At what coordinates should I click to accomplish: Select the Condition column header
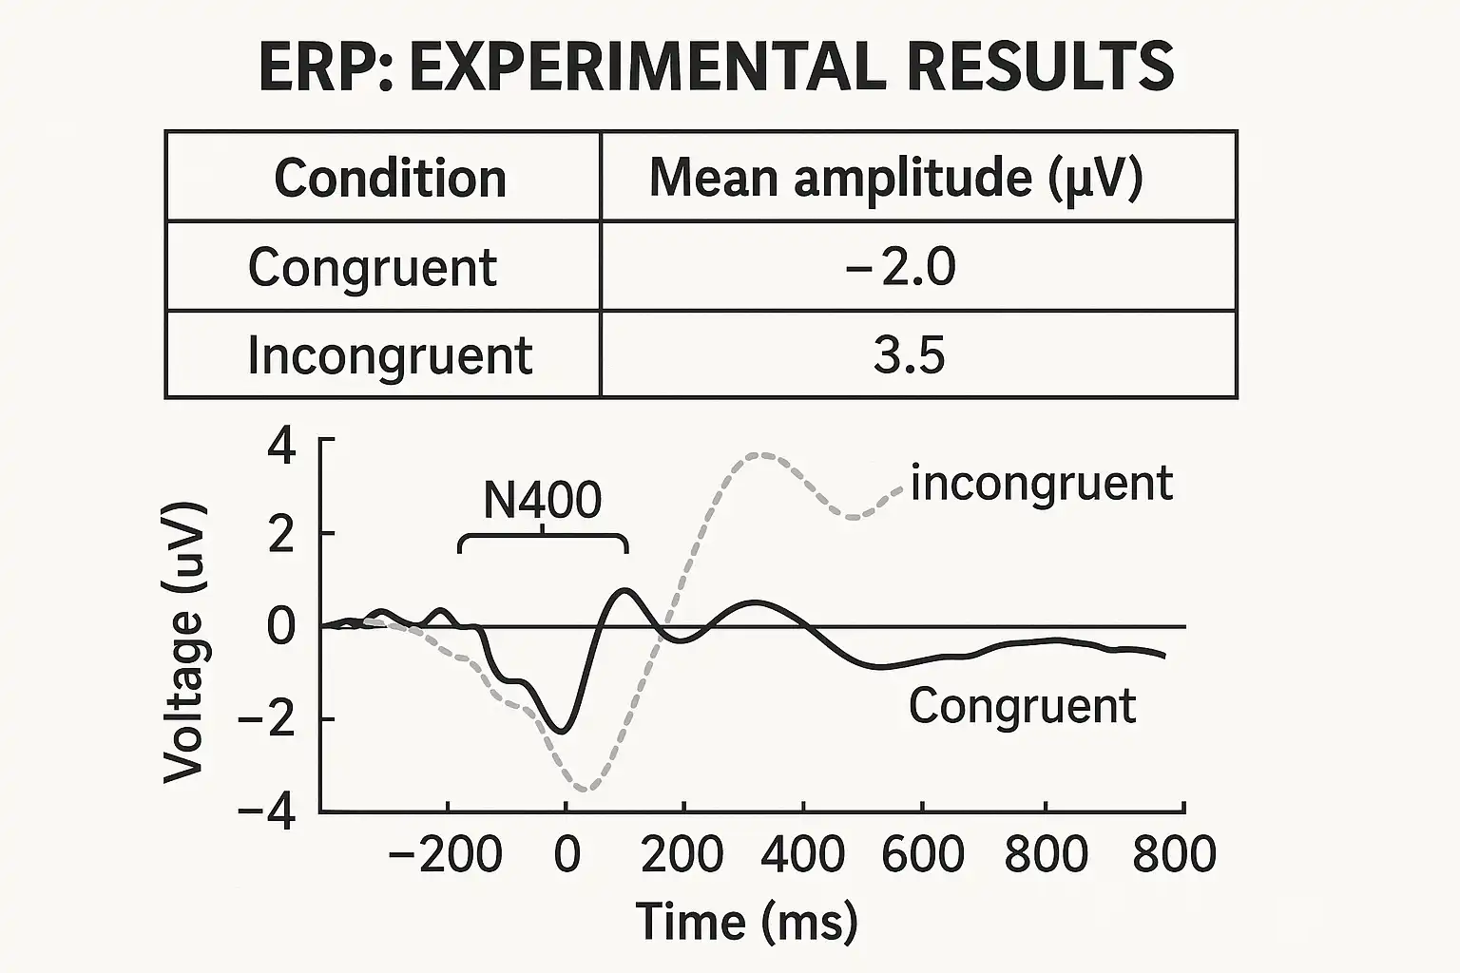(390, 178)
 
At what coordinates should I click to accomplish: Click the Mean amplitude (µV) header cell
(895, 178)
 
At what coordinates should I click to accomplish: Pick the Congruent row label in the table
(372, 267)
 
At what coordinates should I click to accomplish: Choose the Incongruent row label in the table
(390, 355)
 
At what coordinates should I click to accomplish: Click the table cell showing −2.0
(899, 267)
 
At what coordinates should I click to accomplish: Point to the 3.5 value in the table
(909, 355)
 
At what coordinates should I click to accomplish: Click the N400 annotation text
(542, 500)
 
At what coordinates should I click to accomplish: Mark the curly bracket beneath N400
(543, 539)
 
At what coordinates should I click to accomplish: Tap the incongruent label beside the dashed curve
(1042, 483)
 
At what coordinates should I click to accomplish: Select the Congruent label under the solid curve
(1022, 706)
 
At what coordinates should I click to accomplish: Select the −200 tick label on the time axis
(446, 854)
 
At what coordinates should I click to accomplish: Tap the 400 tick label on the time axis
(804, 854)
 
